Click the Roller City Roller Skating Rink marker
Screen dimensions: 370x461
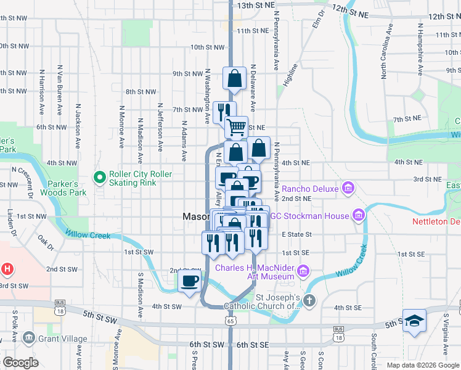(99, 178)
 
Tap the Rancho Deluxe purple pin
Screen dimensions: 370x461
(348, 187)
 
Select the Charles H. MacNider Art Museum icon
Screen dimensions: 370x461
(303, 271)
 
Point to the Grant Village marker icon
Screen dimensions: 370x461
(28, 338)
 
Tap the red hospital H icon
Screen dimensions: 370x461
(7, 269)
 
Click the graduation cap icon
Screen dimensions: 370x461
(414, 321)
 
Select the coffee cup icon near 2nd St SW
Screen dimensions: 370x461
(189, 281)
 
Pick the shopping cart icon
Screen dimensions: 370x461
(236, 128)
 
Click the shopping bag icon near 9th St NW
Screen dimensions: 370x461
(234, 78)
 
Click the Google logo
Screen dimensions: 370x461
(20, 363)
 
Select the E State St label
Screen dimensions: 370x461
(296, 234)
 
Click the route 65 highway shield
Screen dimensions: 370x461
(230, 321)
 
